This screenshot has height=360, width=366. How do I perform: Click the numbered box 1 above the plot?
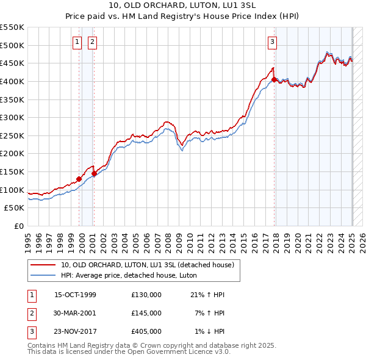click(77, 42)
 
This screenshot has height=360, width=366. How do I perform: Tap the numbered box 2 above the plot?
click(91, 42)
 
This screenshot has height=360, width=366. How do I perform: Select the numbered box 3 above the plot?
click(271, 42)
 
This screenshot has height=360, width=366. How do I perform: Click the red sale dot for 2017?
click(274, 79)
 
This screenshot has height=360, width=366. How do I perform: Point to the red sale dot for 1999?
click(79, 179)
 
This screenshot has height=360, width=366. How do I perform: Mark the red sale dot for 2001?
click(94, 173)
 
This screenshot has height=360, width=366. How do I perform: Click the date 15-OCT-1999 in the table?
click(75, 295)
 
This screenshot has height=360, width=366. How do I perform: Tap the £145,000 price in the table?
click(146, 313)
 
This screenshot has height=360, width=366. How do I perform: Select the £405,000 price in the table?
click(146, 331)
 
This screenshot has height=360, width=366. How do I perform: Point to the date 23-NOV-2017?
click(76, 331)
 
